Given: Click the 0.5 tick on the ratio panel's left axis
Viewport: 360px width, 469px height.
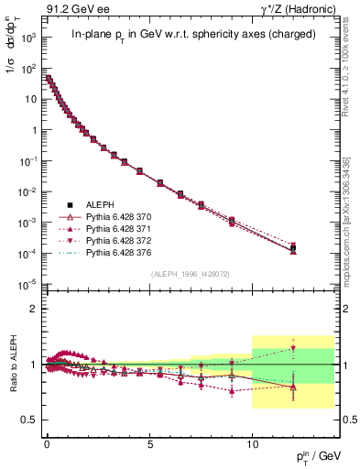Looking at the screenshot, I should (x=27, y=420).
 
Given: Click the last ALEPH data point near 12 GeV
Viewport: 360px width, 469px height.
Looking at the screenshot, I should (x=293, y=247).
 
